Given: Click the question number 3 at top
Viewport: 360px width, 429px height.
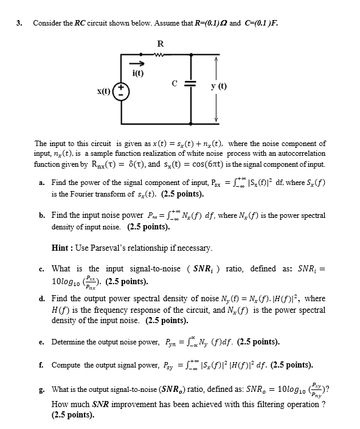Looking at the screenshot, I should [19, 23].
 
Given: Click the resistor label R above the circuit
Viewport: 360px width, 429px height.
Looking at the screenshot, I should [160, 44].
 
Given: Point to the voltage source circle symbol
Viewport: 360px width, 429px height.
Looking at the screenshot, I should [122, 92].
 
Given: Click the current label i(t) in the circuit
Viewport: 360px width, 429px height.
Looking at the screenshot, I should [137, 73].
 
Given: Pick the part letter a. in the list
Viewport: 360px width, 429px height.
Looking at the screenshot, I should [40, 182].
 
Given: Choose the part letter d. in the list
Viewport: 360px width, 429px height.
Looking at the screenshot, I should [40, 299].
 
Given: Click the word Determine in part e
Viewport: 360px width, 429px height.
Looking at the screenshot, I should [71, 341].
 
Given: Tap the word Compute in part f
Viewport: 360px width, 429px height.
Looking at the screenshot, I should [67, 365].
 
